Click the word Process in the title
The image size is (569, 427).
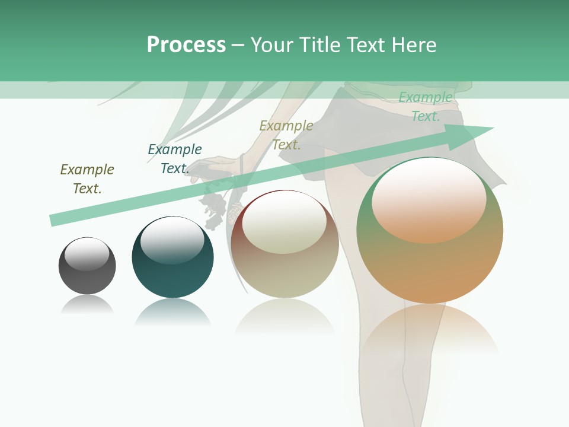[186, 45]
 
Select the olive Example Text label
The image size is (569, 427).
[87, 179]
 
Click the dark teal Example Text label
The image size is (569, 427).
[174, 159]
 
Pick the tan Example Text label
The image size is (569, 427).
[286, 135]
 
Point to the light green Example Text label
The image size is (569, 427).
[426, 107]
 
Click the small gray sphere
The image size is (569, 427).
[87, 276]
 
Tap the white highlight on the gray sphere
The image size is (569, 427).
[87, 254]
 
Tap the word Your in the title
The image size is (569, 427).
[271, 45]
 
